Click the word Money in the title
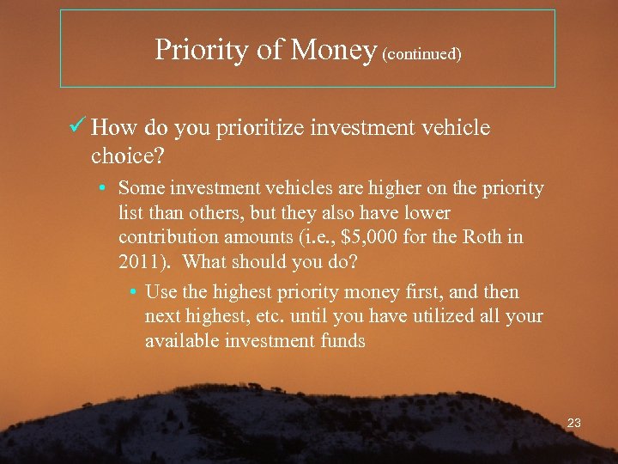tap(334, 51)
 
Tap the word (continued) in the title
tap(422, 54)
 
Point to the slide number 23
tap(574, 423)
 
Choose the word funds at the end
tap(342, 341)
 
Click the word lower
tap(427, 212)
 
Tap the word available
tap(181, 341)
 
